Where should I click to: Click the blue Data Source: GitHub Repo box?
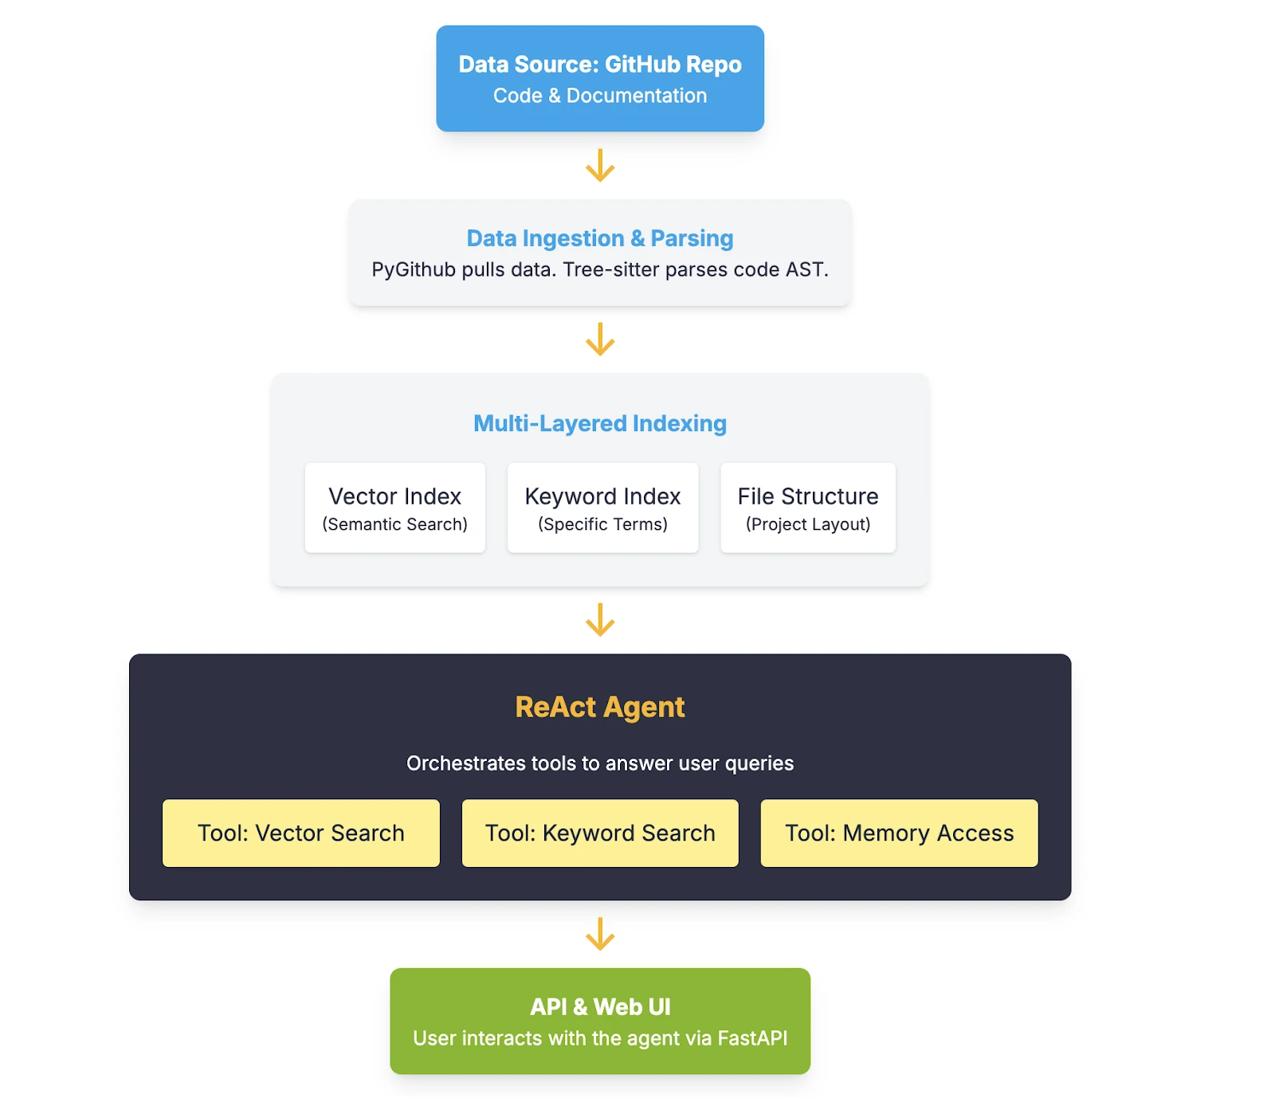[600, 78]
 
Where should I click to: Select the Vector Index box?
[395, 508]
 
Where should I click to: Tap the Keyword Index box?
[603, 508]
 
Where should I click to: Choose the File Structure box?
[808, 508]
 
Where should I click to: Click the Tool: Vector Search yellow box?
[301, 833]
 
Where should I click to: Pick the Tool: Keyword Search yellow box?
[600, 833]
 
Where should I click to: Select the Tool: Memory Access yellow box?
[900, 833]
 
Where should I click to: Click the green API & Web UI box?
[600, 1021]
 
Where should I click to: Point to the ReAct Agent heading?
[600, 707]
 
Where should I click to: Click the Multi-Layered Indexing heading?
[600, 423]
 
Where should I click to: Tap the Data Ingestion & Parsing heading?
[600, 238]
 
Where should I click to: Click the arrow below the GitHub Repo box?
[600, 165]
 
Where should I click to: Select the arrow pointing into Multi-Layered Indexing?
[600, 339]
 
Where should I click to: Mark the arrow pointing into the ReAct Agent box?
[600, 619]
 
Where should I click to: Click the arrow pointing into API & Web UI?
[600, 934]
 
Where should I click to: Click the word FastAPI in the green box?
[752, 1038]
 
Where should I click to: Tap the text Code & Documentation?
[600, 96]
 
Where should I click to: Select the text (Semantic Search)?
[395, 524]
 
